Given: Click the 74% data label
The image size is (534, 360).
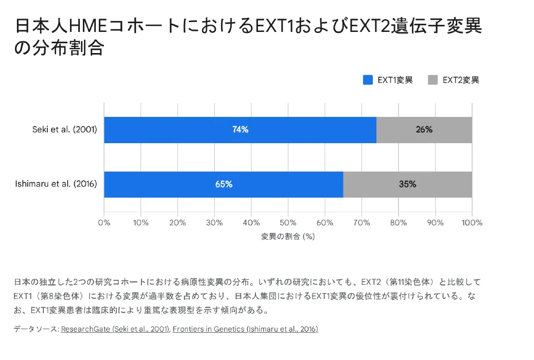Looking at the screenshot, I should pos(240,130).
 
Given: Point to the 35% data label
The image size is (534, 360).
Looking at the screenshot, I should pos(407,184).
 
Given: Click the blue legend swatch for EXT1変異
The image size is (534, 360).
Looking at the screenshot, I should pos(368,80).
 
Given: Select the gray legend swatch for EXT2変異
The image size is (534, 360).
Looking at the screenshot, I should pos(433,80).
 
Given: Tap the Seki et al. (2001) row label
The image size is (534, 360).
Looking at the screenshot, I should pos(64,130).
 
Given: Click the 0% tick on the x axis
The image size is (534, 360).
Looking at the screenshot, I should pos(104,223).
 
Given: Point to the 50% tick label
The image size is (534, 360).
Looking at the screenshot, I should pos(288,223).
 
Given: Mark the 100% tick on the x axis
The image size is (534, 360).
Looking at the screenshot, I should pos(472,223).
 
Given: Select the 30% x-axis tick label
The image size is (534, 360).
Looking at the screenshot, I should pos(214,223).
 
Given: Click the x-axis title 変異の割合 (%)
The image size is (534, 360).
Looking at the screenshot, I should pos(288,236).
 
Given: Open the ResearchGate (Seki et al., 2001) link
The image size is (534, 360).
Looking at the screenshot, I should pos(115,329).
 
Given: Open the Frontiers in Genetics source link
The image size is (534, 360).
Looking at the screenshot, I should pos(245,329).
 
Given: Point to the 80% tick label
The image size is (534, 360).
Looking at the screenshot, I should pos(398,223).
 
